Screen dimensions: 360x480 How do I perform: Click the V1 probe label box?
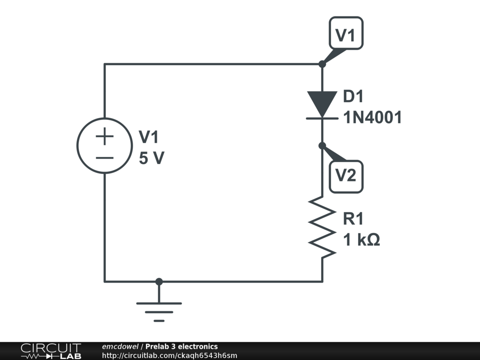coord(346,33)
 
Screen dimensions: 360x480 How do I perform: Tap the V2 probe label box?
coord(346,176)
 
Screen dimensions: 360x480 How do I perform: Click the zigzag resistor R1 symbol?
coord(322,227)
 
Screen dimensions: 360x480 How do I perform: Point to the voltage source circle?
coord(105,146)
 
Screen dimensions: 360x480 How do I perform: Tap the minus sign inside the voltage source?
coord(105,157)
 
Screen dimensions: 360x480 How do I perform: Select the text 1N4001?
coord(373,118)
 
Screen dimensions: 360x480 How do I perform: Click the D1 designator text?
coord(353,97)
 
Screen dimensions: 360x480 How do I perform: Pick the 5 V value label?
coord(151,158)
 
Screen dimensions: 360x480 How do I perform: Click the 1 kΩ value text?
coord(361,240)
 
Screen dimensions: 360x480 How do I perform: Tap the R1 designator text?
coord(353,219)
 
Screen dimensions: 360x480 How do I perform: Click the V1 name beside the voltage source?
coord(149,137)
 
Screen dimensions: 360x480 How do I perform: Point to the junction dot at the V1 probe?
coord(322,64)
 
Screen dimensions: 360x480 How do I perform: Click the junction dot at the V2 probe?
coord(322,146)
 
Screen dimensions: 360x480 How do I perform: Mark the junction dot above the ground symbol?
coord(159,281)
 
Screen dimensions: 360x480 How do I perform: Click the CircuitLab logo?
coord(51,351)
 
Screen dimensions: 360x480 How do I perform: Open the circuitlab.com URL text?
coord(169,355)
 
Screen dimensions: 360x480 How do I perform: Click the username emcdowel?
coord(120,346)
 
